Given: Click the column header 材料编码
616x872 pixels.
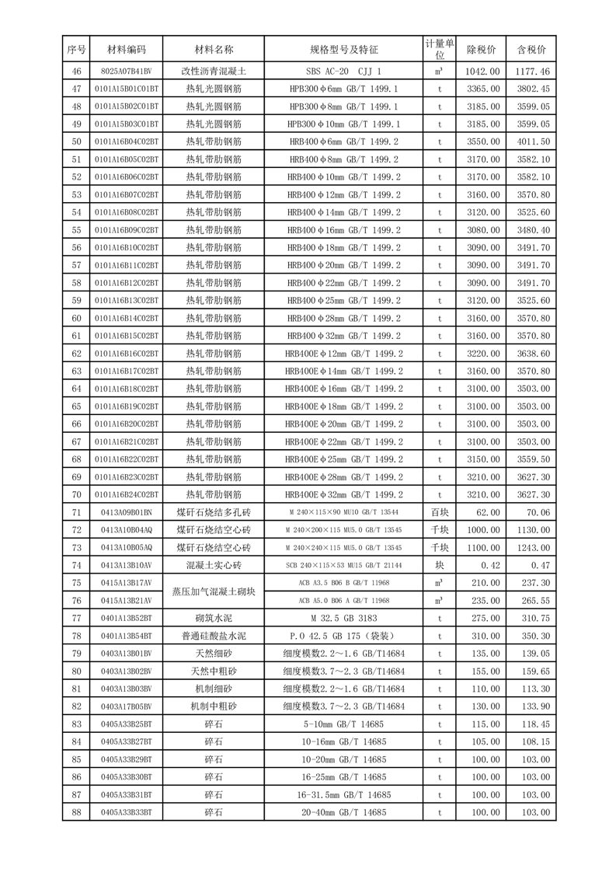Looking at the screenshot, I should (x=126, y=49).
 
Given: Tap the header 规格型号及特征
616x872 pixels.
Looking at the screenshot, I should (x=343, y=49).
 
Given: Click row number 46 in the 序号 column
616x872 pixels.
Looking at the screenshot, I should (x=76, y=72).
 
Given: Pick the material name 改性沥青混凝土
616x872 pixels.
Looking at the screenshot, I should (x=214, y=72).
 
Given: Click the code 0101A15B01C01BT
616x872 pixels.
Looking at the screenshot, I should (x=126, y=89).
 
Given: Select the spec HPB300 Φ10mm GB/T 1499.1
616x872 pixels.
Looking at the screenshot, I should (x=343, y=124).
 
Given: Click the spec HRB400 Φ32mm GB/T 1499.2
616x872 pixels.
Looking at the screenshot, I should (x=343, y=336).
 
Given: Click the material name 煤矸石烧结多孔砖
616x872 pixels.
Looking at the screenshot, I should (x=214, y=512).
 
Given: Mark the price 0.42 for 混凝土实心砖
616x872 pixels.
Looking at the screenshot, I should (x=482, y=565).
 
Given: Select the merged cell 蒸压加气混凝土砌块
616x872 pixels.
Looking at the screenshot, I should (x=214, y=591).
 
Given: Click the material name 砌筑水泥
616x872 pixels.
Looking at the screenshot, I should (x=214, y=618).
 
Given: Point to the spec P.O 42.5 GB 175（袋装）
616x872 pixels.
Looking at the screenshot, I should (x=343, y=636).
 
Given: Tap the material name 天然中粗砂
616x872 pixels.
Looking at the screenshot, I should (x=214, y=671).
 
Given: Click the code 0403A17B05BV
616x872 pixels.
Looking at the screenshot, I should (x=126, y=706).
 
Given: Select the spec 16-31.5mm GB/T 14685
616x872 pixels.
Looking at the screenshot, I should (x=343, y=794).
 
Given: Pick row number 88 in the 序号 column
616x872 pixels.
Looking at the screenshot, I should (x=76, y=811).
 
